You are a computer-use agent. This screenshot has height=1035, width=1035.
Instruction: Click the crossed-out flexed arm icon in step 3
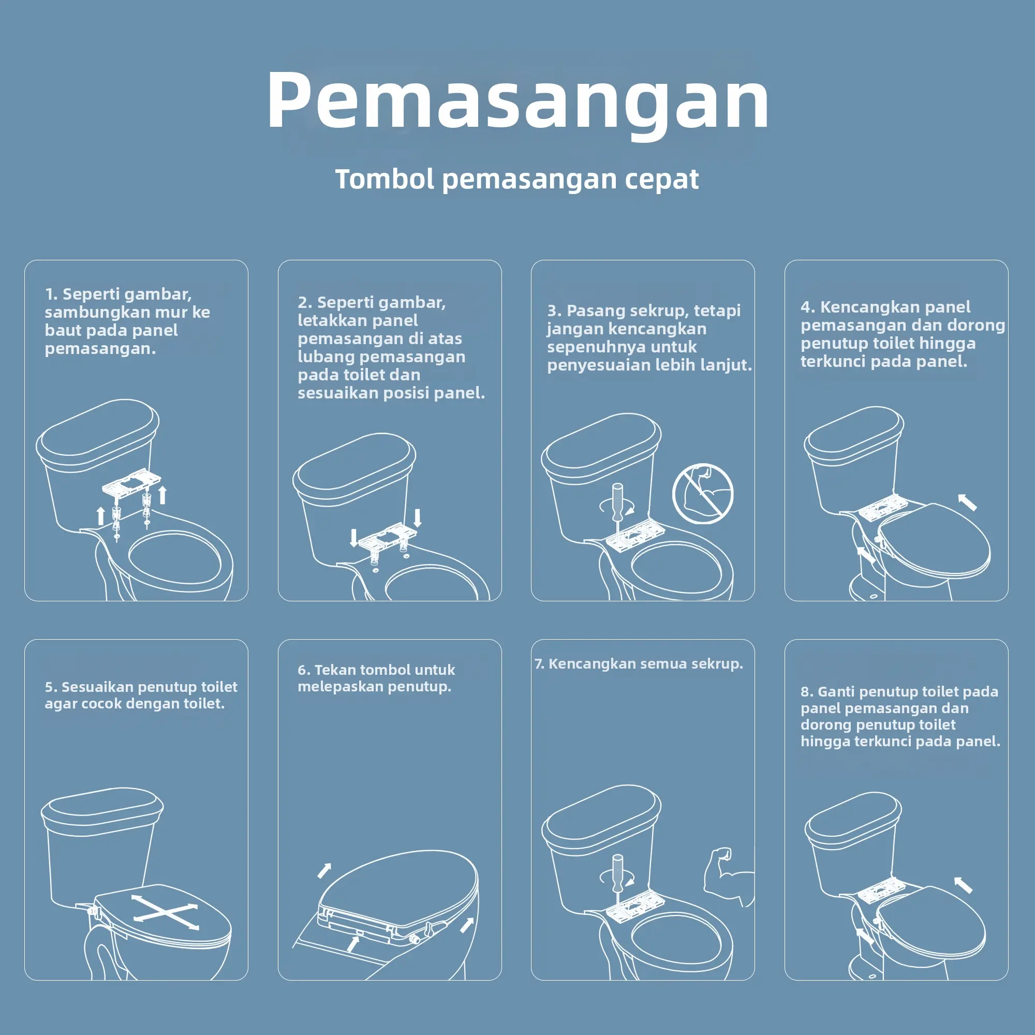coord(702,493)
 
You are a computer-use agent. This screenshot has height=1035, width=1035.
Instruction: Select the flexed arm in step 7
coord(728,877)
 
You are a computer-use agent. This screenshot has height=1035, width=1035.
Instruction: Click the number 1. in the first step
coord(51,294)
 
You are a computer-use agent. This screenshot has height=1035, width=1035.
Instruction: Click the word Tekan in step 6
coord(333,670)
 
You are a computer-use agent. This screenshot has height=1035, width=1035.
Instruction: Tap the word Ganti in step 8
coord(837,691)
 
